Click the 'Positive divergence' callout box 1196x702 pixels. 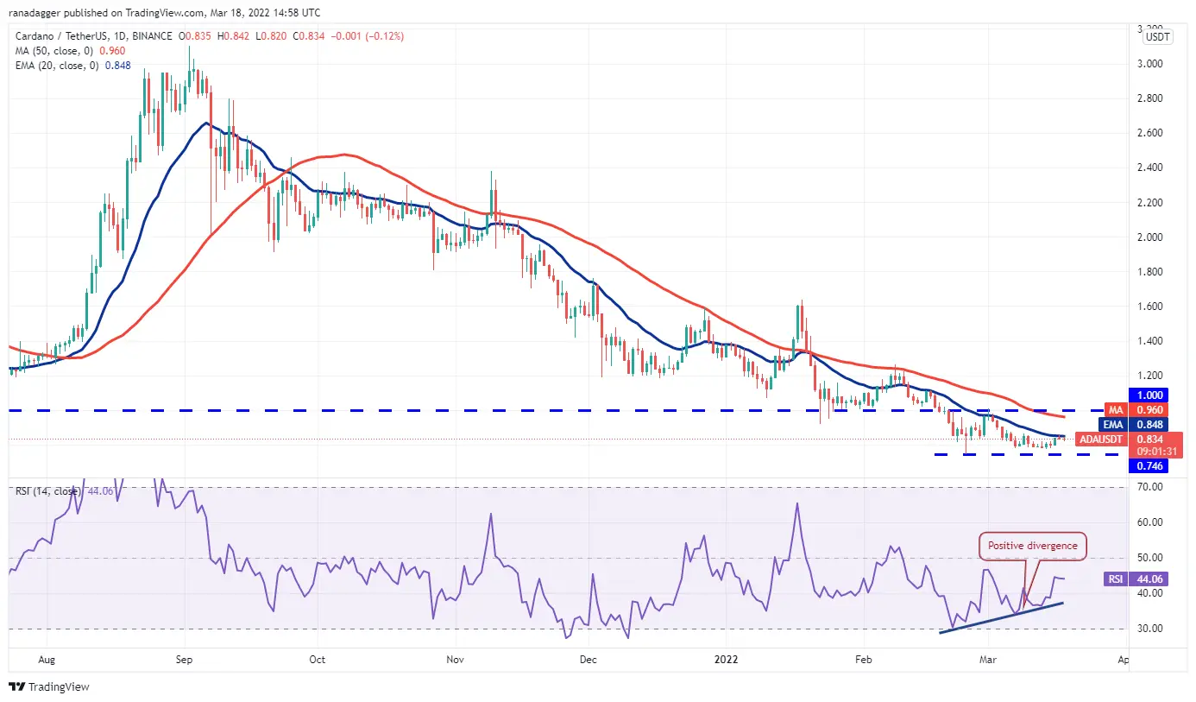coord(1033,546)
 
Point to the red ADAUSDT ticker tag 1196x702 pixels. coord(1101,440)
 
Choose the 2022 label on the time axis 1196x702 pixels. coord(727,660)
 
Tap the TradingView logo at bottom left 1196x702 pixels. coord(49,687)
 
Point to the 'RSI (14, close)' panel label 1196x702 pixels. coord(48,491)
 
